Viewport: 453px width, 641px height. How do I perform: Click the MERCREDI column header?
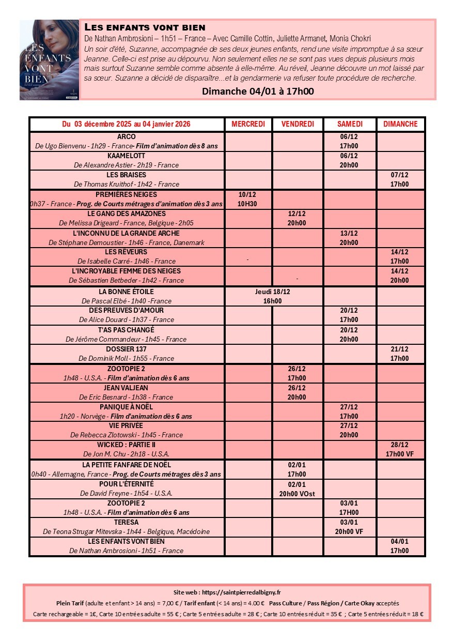point(248,124)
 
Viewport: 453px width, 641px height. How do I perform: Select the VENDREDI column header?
point(298,124)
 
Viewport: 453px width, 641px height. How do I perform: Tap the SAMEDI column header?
point(350,124)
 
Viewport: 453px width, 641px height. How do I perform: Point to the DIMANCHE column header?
point(400,124)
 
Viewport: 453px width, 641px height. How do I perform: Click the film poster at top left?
point(49,60)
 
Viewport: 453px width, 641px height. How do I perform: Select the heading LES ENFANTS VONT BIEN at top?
point(145,27)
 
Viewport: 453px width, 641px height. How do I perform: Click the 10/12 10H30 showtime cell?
point(248,199)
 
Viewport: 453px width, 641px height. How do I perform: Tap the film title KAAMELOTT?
point(127,156)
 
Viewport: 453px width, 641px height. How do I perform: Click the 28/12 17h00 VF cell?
point(400,449)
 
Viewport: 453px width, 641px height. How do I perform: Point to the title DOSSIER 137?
point(127,349)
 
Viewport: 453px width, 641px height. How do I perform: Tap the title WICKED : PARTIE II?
point(127,445)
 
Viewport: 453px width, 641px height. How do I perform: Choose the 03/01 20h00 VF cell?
point(349,527)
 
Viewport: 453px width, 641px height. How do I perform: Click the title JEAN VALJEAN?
point(127,388)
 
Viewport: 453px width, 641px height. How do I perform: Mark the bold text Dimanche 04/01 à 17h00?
point(258,91)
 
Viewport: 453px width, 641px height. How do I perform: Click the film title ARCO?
point(127,136)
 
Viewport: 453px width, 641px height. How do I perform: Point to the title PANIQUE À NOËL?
point(127,407)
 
